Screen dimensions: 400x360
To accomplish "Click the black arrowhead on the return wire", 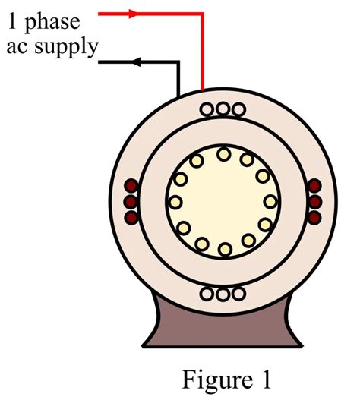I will (137, 62).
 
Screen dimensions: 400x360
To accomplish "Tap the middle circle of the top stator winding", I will (223, 109).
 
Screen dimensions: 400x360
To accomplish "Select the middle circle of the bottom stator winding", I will (223, 294).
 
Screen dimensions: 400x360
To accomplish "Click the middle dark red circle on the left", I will (131, 202).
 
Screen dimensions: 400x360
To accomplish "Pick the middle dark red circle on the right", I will (315, 202).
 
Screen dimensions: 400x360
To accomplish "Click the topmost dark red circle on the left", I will (131, 187).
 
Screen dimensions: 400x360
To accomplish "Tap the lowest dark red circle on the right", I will (315, 217).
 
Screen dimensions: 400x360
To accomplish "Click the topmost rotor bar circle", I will (223, 154).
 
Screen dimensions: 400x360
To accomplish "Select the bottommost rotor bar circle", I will (223, 249).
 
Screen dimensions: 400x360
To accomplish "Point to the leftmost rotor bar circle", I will (175, 202).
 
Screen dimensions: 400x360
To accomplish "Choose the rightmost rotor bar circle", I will (270, 202).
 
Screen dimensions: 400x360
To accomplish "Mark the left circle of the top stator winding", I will (208, 109).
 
